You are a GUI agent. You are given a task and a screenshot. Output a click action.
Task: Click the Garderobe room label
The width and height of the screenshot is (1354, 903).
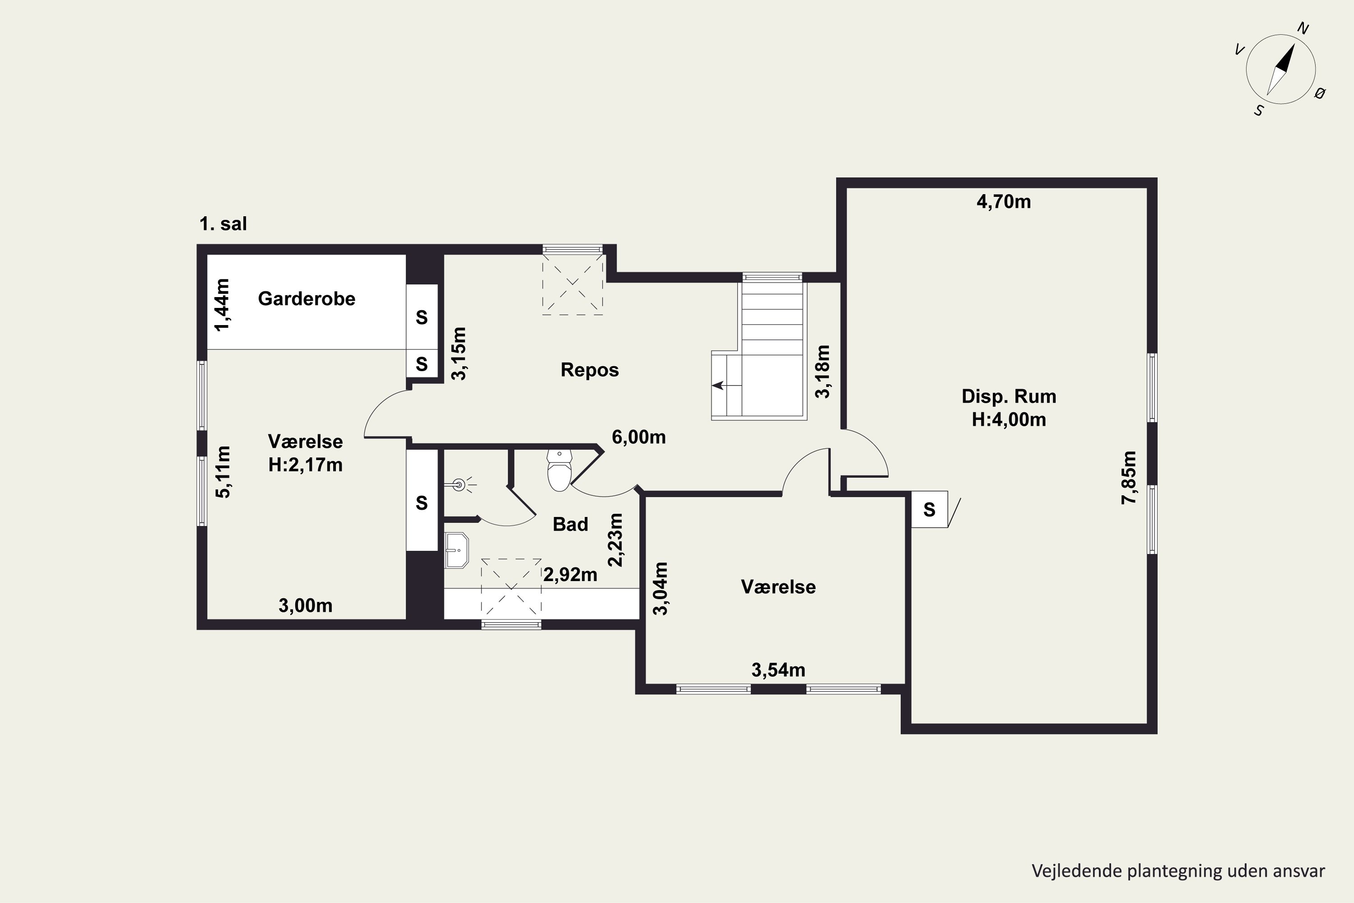pos(306,298)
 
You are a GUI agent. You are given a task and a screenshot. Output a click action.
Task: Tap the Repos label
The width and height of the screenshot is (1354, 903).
pos(589,370)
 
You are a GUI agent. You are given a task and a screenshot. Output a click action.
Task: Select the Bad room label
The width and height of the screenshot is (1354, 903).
pos(570,524)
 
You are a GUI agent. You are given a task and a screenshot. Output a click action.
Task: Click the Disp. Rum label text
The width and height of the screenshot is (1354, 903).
pos(1009,396)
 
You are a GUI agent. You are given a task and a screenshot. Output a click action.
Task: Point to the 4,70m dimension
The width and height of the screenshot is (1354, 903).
pos(1003,201)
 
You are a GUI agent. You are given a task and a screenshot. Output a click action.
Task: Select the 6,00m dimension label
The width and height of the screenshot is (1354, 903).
pos(639,437)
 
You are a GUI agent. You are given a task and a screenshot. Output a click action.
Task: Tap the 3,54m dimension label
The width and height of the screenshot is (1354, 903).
pos(778,670)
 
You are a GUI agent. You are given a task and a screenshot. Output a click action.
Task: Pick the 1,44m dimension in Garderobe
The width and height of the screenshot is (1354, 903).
pos(222,305)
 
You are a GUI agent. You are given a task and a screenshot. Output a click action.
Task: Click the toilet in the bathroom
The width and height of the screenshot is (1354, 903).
pos(559,470)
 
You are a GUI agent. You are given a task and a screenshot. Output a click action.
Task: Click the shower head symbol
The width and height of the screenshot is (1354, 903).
pos(459,485)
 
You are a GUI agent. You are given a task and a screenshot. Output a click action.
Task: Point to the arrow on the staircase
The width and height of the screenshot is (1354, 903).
pos(727,385)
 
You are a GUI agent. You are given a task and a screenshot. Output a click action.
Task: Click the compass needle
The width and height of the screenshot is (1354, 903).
pos(1281,69)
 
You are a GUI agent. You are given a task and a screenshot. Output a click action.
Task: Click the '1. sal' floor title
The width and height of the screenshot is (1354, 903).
pos(223,223)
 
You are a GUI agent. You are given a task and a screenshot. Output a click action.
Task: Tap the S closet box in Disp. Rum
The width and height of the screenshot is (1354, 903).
pos(929,509)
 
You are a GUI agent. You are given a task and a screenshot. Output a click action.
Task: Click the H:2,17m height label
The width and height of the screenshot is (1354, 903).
pos(305,464)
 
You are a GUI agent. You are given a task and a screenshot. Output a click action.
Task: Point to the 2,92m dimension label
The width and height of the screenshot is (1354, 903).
pos(570,574)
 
